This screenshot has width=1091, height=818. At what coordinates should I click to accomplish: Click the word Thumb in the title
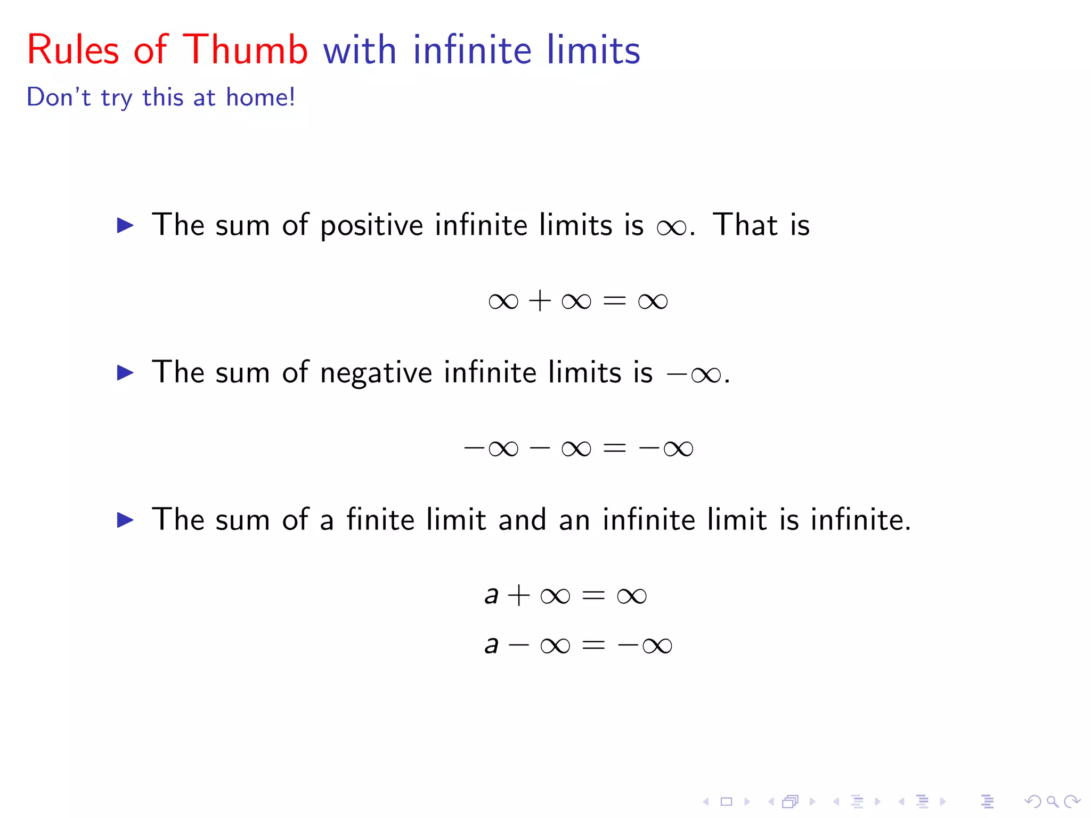pyautogui.click(x=246, y=50)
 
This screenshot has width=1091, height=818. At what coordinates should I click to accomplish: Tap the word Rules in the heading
pyautogui.click(x=73, y=50)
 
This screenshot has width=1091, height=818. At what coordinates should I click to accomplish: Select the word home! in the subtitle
pyautogui.click(x=260, y=97)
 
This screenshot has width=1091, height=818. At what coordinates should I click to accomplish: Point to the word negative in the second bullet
pyautogui.click(x=376, y=372)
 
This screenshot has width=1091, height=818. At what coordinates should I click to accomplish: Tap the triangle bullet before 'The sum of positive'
pyautogui.click(x=125, y=225)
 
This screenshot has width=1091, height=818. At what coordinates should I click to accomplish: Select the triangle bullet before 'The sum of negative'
pyautogui.click(x=125, y=372)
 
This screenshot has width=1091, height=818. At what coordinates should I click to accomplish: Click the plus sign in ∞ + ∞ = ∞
pyautogui.click(x=540, y=301)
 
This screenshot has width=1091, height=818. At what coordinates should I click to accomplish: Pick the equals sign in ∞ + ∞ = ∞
pyautogui.click(x=614, y=301)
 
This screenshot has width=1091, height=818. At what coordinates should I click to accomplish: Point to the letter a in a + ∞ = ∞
pyautogui.click(x=491, y=595)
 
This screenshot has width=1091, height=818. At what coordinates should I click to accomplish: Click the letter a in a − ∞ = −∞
pyautogui.click(x=491, y=645)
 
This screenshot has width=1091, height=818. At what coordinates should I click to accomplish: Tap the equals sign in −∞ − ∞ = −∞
pyautogui.click(x=614, y=448)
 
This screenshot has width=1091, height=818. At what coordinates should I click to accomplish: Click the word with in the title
pyautogui.click(x=360, y=50)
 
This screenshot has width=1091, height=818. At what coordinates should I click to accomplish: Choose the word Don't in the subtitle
pyautogui.click(x=59, y=97)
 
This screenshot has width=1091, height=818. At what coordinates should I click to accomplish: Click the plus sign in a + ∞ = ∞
pyautogui.click(x=519, y=595)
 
